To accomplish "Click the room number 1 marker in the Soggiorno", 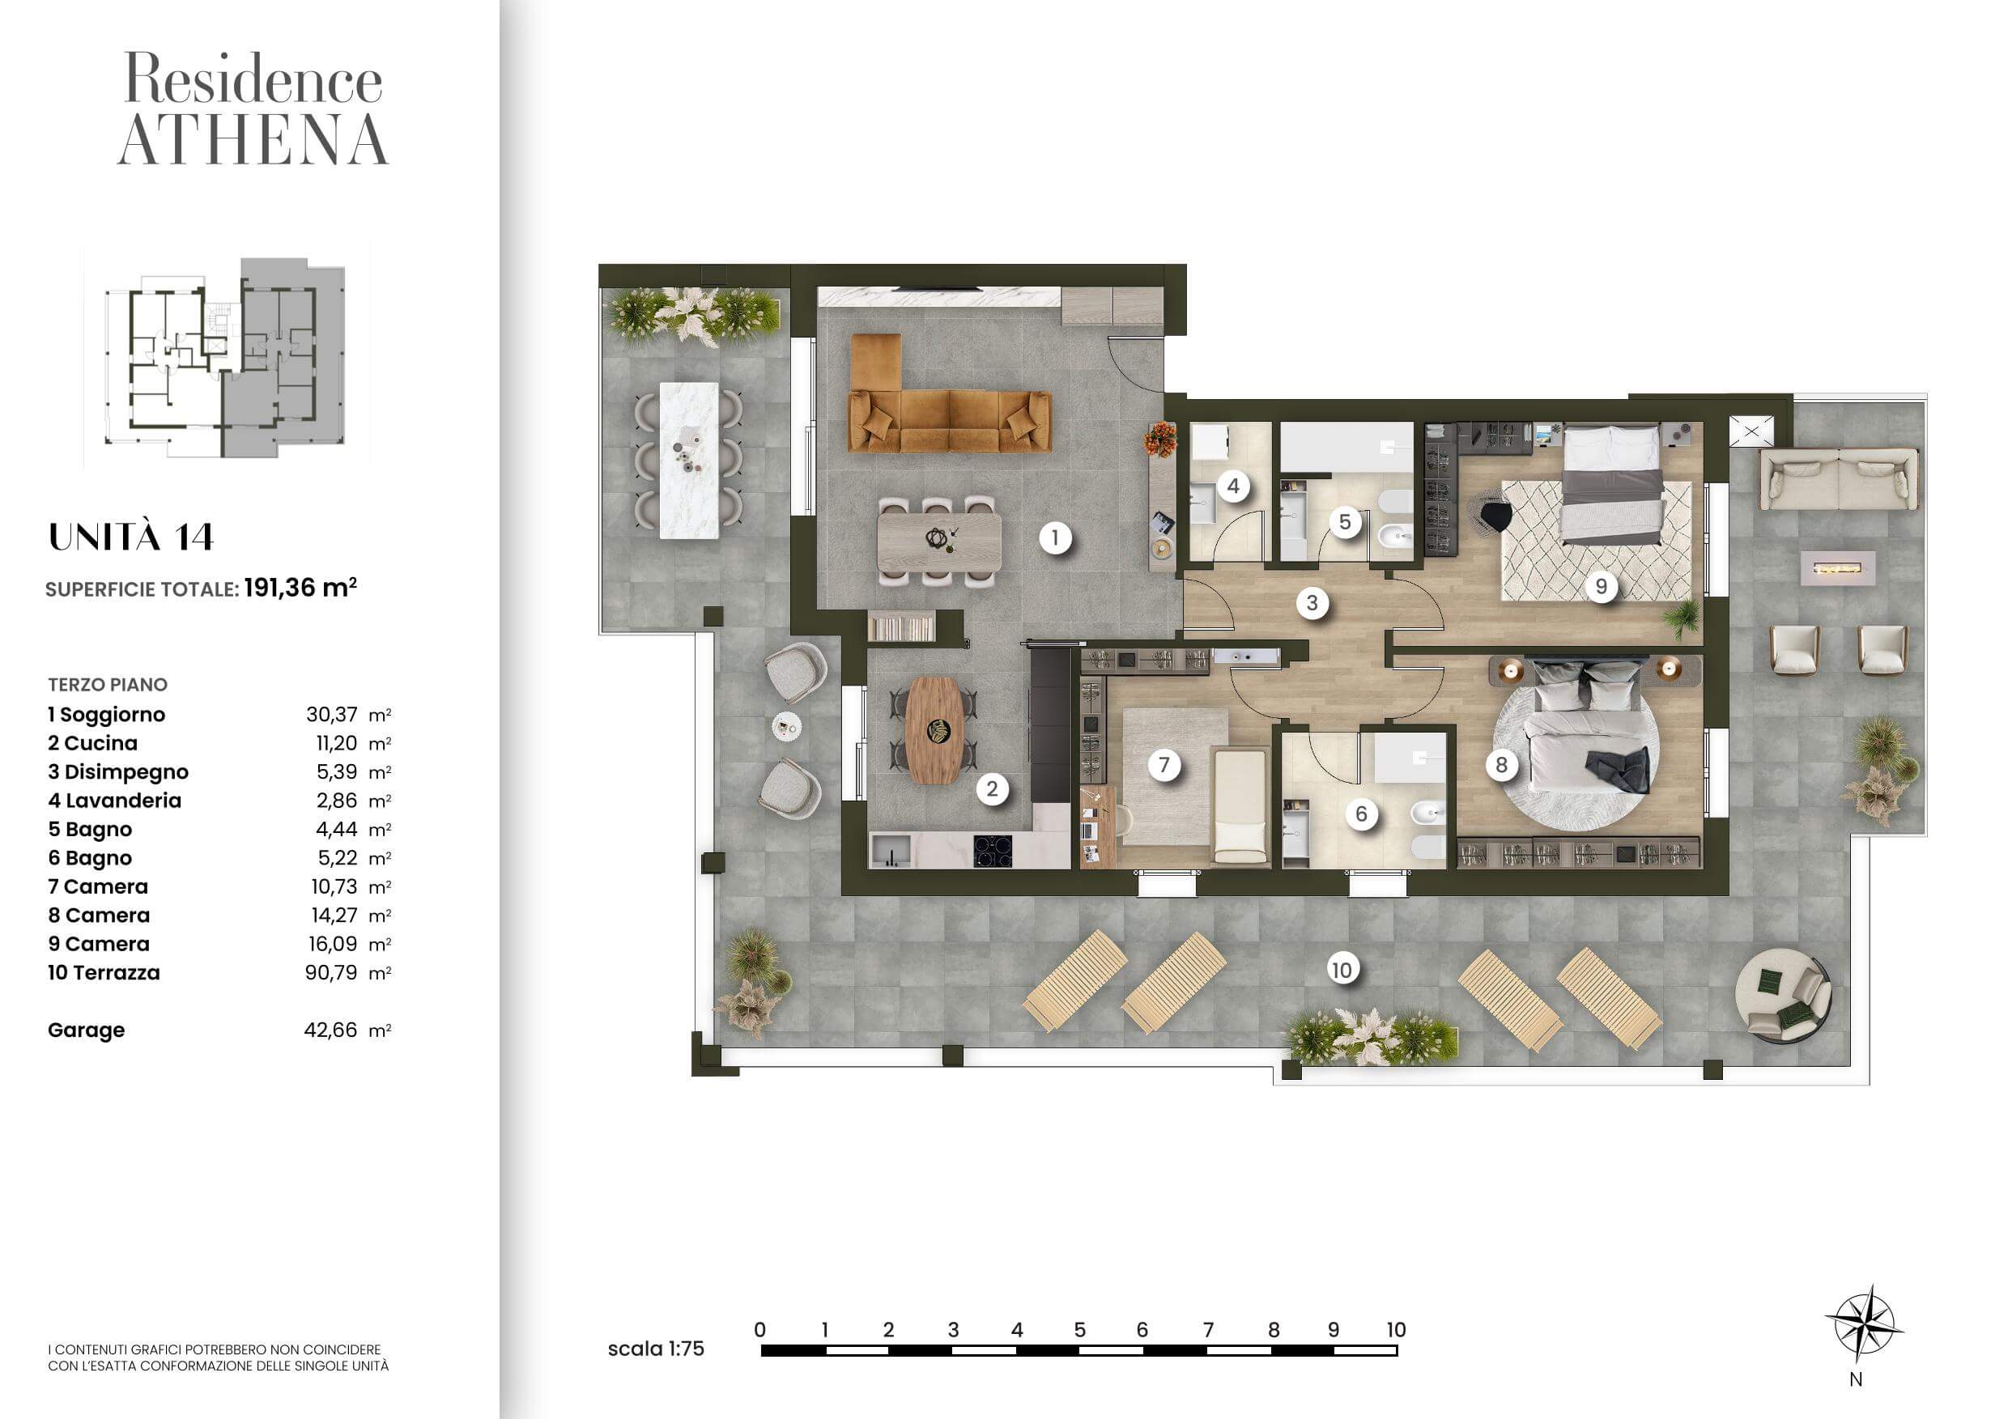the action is coord(1055,537).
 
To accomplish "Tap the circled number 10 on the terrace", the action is coord(1341,970).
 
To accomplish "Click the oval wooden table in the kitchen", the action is coord(934,731).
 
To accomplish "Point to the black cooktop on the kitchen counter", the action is coord(993,850).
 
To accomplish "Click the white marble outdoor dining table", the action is coord(689,460).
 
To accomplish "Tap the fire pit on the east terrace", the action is coord(1837,568).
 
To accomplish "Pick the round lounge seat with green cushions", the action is coord(1782,996).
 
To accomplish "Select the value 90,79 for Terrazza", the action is coord(330,972).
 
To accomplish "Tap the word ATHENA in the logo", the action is coord(253,140).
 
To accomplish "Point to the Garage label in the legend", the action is coord(86,1030).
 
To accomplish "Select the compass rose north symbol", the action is coord(1864,1324).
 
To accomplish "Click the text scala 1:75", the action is coord(656,1349).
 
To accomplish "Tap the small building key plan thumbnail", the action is coord(226,357).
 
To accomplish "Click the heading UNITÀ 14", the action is coord(131,537).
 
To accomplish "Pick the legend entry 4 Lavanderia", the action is coord(114,800).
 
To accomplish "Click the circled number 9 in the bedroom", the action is coord(1602,586).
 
